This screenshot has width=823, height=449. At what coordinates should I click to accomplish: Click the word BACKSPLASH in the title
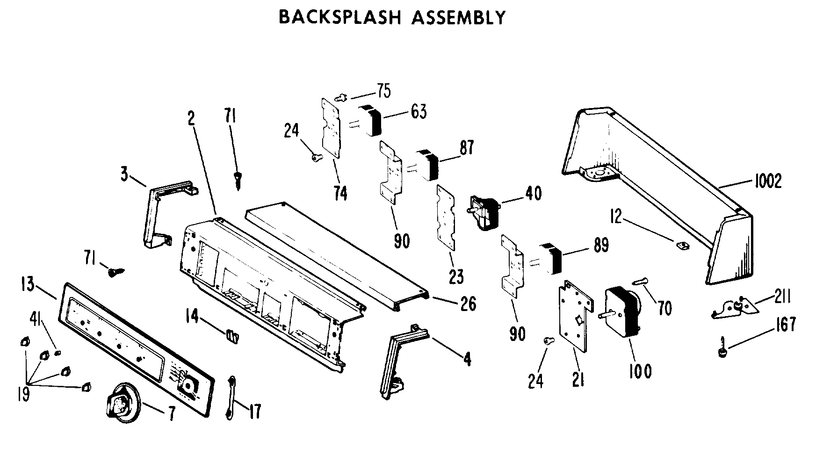coord(340,17)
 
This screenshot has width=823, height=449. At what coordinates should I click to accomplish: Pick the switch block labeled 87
coord(427,165)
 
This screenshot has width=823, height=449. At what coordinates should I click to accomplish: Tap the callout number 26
coord(468,304)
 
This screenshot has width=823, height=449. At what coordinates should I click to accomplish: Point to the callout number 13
coord(28,284)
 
